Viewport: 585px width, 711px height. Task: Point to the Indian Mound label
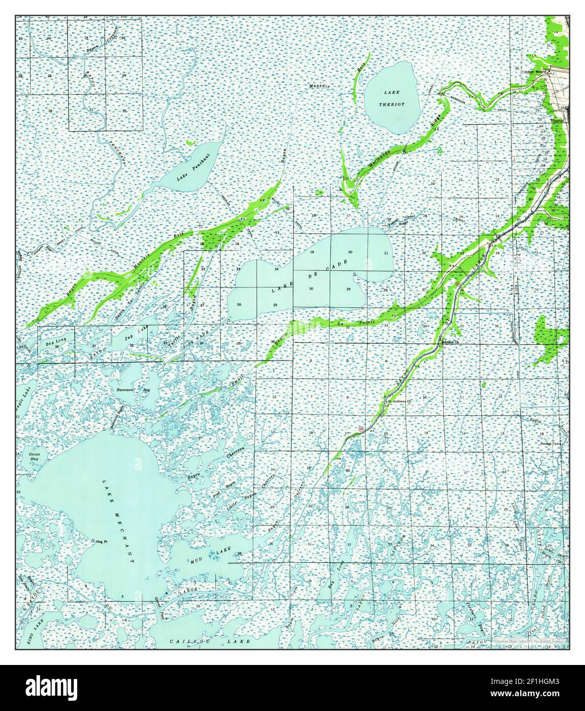(x=536, y=72)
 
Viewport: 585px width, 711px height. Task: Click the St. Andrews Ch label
(x=399, y=402)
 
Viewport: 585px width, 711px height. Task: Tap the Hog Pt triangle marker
(x=93, y=541)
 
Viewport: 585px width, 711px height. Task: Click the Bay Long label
(x=53, y=339)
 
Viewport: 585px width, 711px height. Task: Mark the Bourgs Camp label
(x=550, y=443)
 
